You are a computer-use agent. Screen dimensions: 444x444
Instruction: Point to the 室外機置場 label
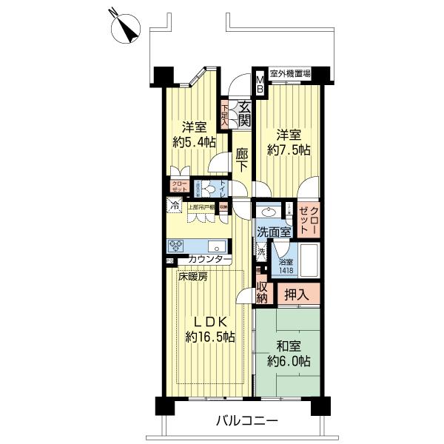pyautogui.click(x=289, y=74)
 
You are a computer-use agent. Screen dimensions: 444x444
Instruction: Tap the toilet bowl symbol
pyautogui.click(x=211, y=189)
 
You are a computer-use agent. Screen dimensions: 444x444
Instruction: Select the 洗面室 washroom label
pyautogui.click(x=272, y=232)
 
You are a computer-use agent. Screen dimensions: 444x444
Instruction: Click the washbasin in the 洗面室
pyautogui.click(x=271, y=211)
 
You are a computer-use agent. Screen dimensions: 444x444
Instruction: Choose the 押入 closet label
pyautogui.click(x=299, y=294)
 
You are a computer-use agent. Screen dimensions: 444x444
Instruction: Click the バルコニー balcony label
pyautogui.click(x=246, y=422)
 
